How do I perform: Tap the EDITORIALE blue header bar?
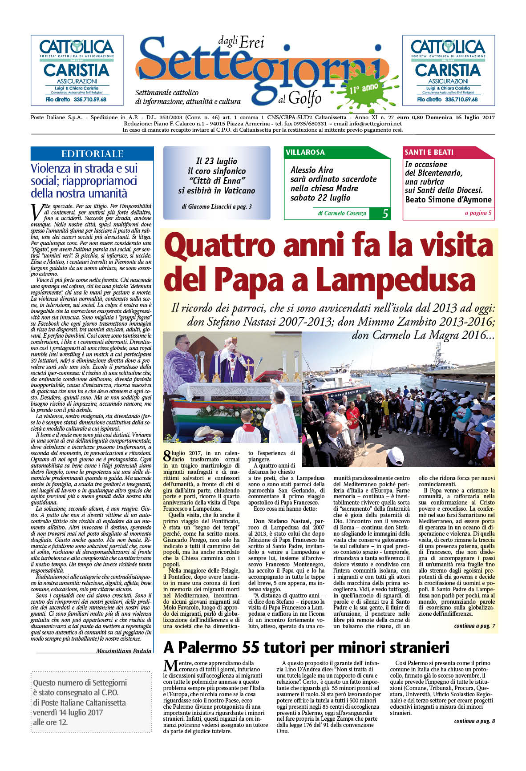coord(92,154)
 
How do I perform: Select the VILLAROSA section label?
coord(305,152)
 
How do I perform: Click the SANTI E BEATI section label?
coord(429,152)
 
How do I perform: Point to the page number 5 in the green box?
coord(385,214)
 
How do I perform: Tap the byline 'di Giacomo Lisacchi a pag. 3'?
coord(217,206)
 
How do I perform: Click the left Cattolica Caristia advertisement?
coord(77,70)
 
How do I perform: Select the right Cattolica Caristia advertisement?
coord(448,70)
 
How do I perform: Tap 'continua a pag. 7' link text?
coord(474,626)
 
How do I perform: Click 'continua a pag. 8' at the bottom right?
coord(474,721)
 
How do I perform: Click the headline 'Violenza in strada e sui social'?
coord(84,174)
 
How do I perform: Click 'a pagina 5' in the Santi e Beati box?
coord(478,213)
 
